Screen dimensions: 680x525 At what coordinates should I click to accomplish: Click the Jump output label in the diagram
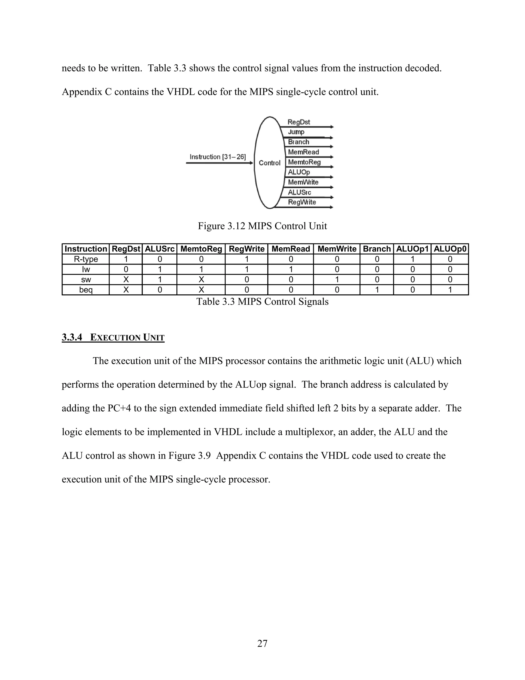(x=296, y=132)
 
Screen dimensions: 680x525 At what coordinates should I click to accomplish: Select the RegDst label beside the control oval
(x=299, y=122)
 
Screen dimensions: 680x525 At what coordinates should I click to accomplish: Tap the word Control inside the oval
(x=269, y=163)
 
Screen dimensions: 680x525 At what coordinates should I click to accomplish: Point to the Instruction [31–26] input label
(x=217, y=157)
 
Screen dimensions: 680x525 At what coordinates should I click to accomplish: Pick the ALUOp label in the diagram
(x=299, y=172)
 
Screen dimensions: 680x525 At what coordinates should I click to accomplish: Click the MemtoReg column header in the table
(x=201, y=249)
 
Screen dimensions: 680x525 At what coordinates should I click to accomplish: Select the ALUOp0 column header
(x=450, y=249)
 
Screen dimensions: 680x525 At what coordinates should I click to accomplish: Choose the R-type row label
(x=86, y=259)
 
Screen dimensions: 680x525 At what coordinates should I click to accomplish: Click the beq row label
(x=86, y=290)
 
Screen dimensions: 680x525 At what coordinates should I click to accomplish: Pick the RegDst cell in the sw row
(x=126, y=280)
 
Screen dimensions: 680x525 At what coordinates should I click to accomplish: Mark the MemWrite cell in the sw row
(x=337, y=280)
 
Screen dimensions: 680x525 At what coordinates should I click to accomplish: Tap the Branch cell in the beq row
(x=377, y=290)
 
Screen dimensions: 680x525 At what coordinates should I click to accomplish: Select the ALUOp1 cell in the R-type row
(x=412, y=259)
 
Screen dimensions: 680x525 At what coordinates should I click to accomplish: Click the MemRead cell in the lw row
(x=290, y=269)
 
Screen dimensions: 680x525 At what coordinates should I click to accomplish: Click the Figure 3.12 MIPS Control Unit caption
(x=262, y=226)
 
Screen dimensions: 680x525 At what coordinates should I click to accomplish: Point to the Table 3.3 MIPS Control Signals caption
(x=262, y=302)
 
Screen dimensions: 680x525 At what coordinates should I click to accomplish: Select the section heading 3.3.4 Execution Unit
(x=113, y=337)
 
